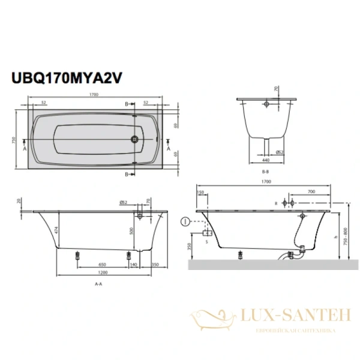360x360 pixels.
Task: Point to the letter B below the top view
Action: [127, 174]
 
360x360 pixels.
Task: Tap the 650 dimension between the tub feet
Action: [103, 265]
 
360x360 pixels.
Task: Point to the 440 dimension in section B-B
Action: [265, 160]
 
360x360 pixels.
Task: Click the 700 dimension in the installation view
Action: [311, 191]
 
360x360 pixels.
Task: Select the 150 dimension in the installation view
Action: [200, 192]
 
